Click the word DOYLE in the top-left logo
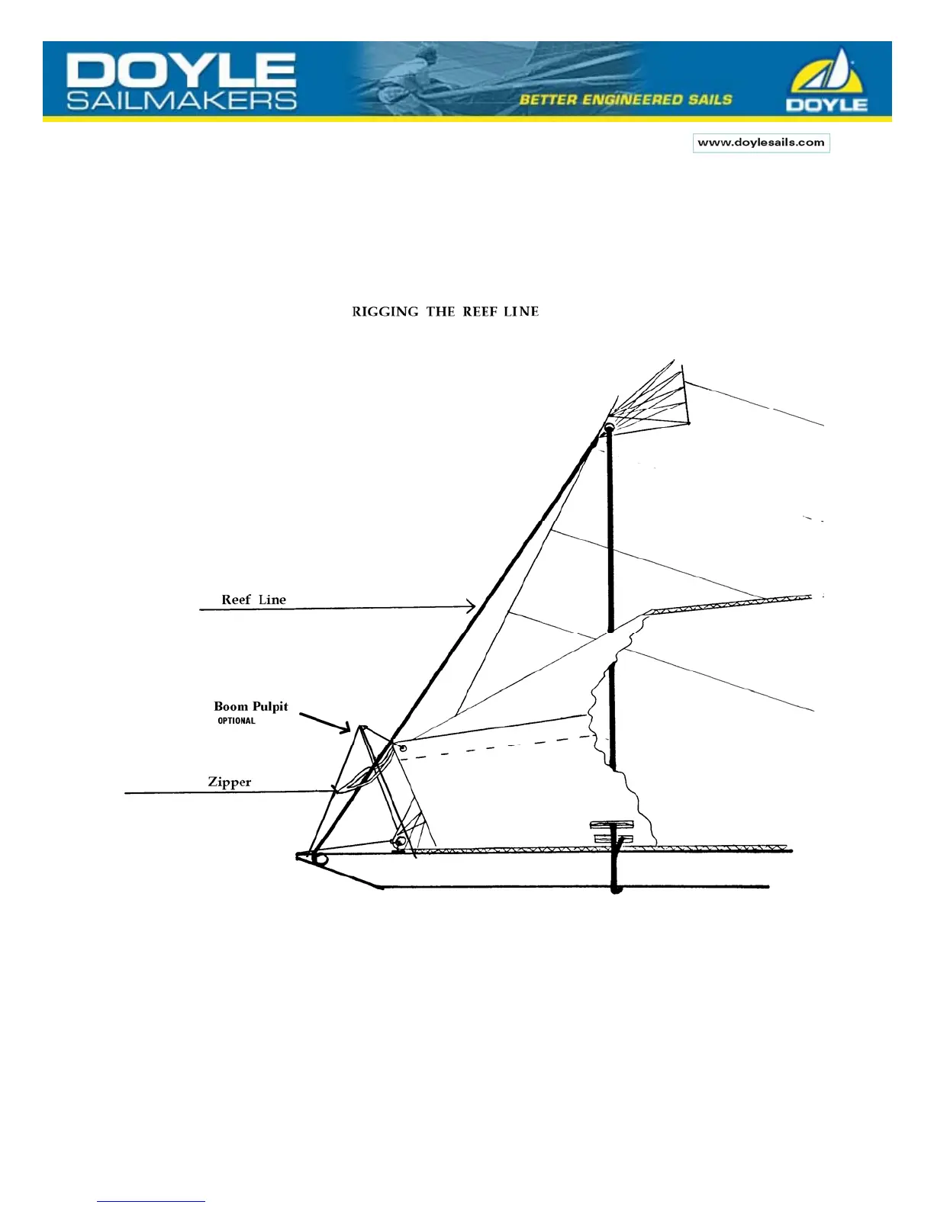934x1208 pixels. pyautogui.click(x=181, y=71)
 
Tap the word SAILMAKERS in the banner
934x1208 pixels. pyautogui.click(x=182, y=101)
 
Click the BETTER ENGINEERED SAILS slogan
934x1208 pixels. pyautogui.click(x=626, y=100)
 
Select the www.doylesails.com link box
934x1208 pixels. pyautogui.click(x=761, y=143)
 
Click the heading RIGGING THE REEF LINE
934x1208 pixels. pyautogui.click(x=446, y=311)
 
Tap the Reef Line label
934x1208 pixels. pyautogui.click(x=253, y=599)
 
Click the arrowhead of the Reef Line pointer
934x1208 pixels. pyautogui.click(x=471, y=607)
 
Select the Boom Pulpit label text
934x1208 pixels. pyautogui.click(x=250, y=706)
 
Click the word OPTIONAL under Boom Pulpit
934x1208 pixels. pyautogui.click(x=237, y=721)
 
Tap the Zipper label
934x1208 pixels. pyautogui.click(x=229, y=782)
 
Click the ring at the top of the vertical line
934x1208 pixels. pyautogui.click(x=609, y=429)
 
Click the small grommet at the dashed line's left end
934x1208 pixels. pyautogui.click(x=403, y=748)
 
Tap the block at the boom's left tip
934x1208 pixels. pyautogui.click(x=320, y=859)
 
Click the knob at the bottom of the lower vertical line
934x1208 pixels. pyautogui.click(x=617, y=888)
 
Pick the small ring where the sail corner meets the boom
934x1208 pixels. pyautogui.click(x=398, y=842)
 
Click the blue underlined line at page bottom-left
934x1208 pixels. pyautogui.click(x=151, y=1201)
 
